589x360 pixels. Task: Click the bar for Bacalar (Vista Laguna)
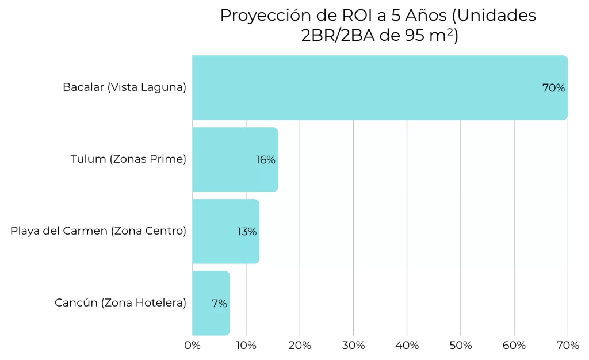pyautogui.click(x=380, y=87)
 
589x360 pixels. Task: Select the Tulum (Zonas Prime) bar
pyautogui.click(x=235, y=159)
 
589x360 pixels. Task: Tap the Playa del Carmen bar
pyautogui.click(x=225, y=231)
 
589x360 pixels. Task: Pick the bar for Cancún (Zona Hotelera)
pyautogui.click(x=211, y=303)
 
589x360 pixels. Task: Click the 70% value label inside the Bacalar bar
pyautogui.click(x=553, y=88)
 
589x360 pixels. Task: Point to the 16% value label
pyautogui.click(x=266, y=160)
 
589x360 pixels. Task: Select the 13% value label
pyautogui.click(x=247, y=232)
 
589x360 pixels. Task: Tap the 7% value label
pyautogui.click(x=219, y=304)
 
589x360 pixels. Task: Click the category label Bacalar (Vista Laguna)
pyautogui.click(x=124, y=88)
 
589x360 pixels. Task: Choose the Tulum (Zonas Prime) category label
pyautogui.click(x=128, y=159)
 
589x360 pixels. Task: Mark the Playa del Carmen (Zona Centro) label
pyautogui.click(x=98, y=231)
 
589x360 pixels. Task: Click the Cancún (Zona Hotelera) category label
pyautogui.click(x=120, y=303)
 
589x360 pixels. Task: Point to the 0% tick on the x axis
pyautogui.click(x=192, y=346)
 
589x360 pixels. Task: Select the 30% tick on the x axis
pyautogui.click(x=353, y=346)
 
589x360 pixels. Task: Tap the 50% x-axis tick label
pyautogui.click(x=460, y=346)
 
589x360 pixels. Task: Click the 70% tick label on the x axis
pyautogui.click(x=568, y=346)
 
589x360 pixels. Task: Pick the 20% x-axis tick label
pyautogui.click(x=300, y=346)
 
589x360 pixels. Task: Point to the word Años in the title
pyautogui.click(x=427, y=16)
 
